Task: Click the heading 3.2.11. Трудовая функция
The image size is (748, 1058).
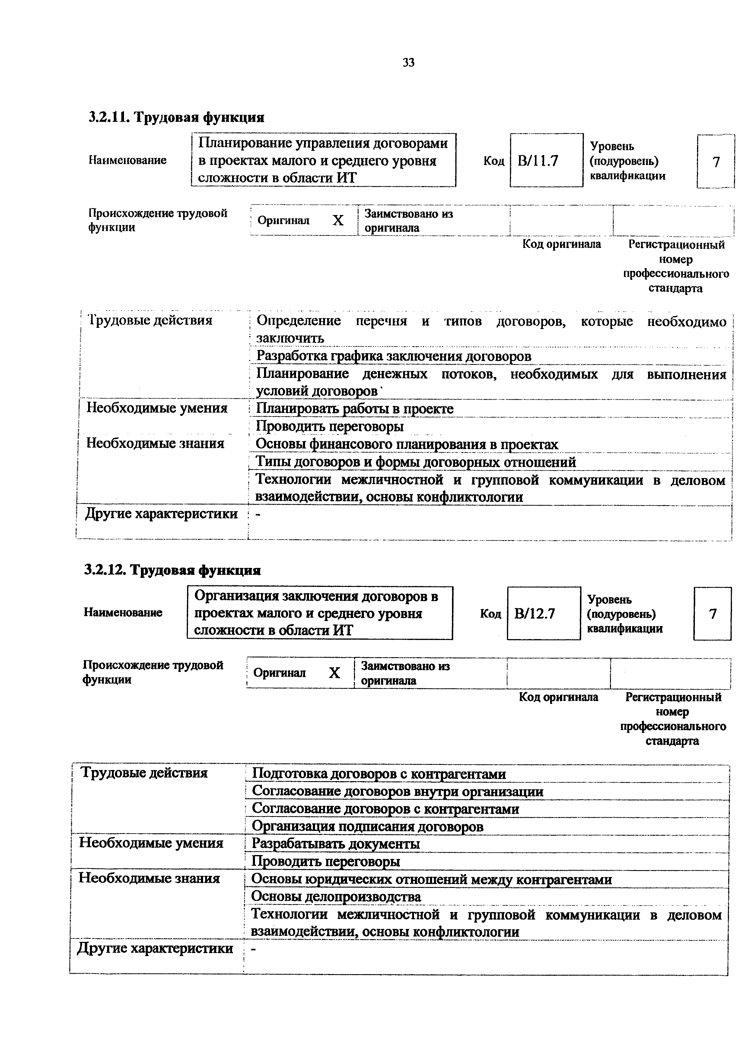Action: pos(177,118)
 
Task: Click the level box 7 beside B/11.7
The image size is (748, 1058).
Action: pos(715,162)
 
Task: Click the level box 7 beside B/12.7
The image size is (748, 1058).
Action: pos(712,614)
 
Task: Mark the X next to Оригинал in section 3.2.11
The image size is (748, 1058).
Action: pos(338,221)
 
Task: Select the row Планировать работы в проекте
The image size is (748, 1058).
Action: pos(355,409)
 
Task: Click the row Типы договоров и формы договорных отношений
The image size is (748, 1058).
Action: pos(416,462)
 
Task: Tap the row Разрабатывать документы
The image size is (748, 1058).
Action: pos(336,844)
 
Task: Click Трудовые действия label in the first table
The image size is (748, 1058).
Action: pos(150,320)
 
